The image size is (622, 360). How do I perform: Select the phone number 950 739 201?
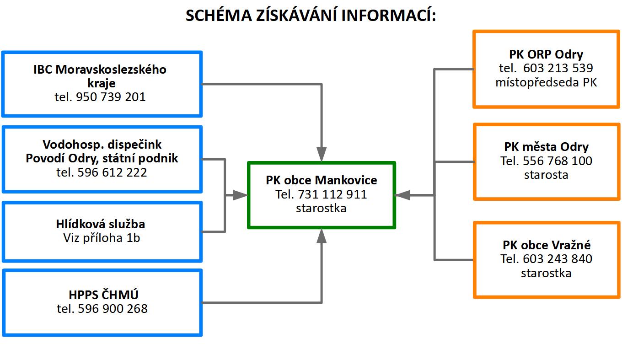click(x=111, y=97)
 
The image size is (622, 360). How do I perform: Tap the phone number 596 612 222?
click(x=112, y=172)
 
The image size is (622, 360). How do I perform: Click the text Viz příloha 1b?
click(x=102, y=238)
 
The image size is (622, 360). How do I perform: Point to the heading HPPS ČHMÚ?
click(x=103, y=295)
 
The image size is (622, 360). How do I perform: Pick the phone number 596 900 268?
click(x=113, y=309)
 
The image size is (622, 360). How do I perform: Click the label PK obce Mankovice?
click(x=322, y=180)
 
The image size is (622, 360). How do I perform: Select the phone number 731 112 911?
click(x=332, y=194)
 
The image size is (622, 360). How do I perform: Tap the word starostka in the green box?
click(x=321, y=208)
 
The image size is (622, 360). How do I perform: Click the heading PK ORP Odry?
click(x=546, y=54)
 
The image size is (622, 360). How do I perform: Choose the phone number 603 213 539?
click(x=558, y=68)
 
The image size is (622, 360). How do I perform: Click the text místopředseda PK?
click(x=546, y=82)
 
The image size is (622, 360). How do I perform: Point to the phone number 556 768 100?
click(x=558, y=161)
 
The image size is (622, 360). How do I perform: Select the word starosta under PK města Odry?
click(x=546, y=175)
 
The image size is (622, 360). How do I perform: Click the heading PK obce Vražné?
click(x=547, y=245)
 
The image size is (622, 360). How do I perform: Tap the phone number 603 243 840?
click(x=558, y=259)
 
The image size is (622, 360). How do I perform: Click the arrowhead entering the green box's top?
click(x=322, y=154)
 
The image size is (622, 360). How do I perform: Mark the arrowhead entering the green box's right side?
click(x=402, y=195)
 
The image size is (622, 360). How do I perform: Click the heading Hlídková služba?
click(x=101, y=224)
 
